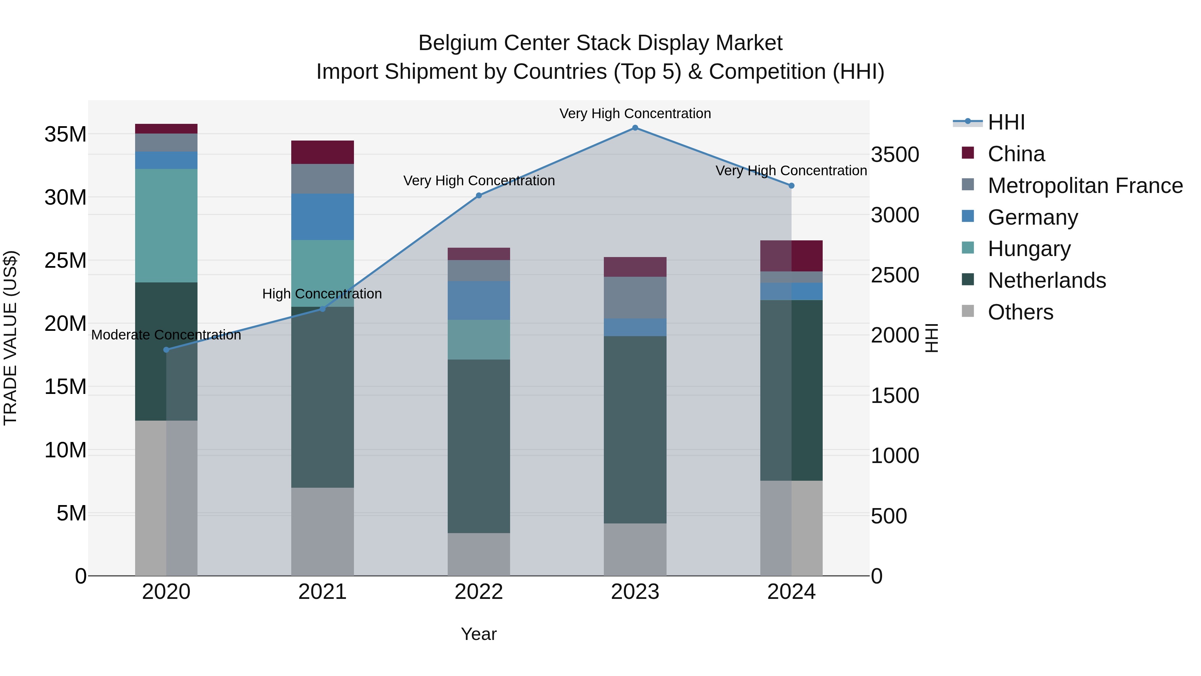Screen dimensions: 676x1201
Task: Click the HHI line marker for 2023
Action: pyautogui.click(x=635, y=128)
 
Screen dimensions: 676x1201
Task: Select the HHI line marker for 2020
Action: pyautogui.click(x=166, y=350)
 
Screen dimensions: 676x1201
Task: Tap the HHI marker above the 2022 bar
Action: pyautogui.click(x=479, y=196)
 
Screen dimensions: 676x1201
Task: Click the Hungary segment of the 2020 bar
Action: pyautogui.click(x=166, y=225)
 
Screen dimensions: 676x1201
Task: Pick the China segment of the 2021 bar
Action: pyautogui.click(x=323, y=152)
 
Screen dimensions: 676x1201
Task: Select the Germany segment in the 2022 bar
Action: pyautogui.click(x=479, y=300)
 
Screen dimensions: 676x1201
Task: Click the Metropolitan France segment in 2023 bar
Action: pyautogui.click(x=635, y=298)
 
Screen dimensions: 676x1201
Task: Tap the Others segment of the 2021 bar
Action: pyautogui.click(x=323, y=531)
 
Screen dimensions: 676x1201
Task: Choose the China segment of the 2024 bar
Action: pyautogui.click(x=791, y=256)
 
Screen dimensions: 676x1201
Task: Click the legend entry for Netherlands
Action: pyautogui.click(x=1047, y=280)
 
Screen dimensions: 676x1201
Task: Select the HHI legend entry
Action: pyautogui.click(x=1006, y=122)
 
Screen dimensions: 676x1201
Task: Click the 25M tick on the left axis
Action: pyautogui.click(x=65, y=260)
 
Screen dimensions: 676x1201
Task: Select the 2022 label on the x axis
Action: pyautogui.click(x=479, y=592)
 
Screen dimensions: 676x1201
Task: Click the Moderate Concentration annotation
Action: pyautogui.click(x=166, y=334)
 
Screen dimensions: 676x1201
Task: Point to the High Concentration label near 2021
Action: pyautogui.click(x=322, y=293)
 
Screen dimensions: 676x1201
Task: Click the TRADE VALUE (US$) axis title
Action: pyautogui.click(x=10, y=338)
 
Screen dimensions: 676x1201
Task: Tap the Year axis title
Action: pyautogui.click(x=479, y=634)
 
